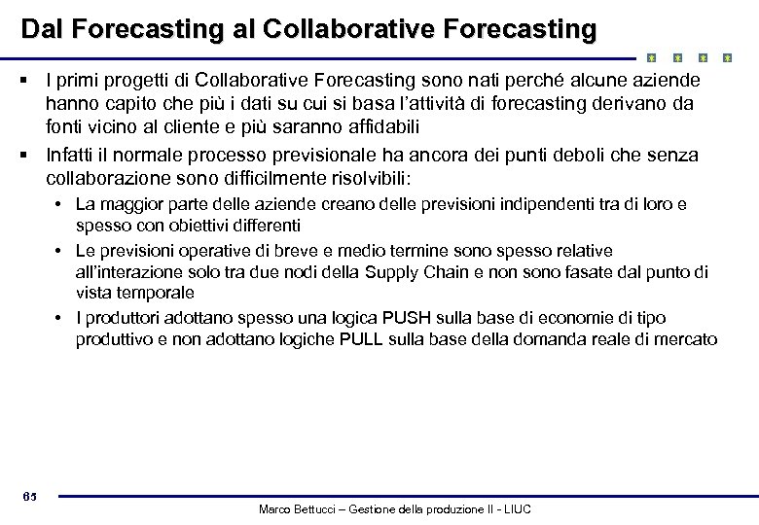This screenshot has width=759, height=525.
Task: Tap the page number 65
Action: (30, 498)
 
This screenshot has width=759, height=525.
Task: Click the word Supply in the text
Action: (396, 272)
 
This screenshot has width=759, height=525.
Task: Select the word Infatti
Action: (71, 156)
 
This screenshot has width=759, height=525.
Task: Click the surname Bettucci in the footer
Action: (327, 509)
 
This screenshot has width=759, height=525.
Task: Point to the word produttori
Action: (122, 318)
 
